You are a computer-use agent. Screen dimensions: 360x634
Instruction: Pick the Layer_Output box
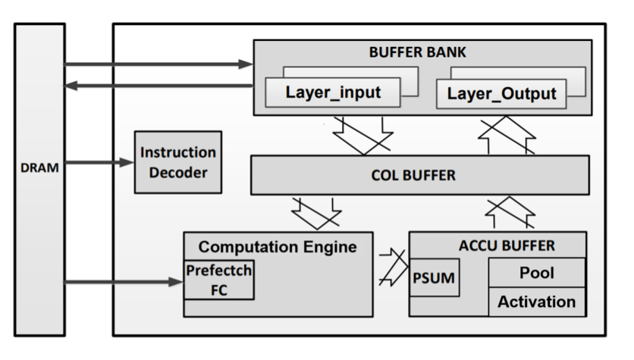[501, 94]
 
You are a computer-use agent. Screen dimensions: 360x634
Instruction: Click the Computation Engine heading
[277, 246]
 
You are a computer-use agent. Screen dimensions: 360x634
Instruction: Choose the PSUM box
[433, 278]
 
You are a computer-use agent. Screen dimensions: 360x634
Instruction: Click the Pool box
[537, 271]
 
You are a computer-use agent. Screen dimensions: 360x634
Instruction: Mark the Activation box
[537, 301]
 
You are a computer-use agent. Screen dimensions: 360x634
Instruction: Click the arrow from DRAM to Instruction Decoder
[99, 161]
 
